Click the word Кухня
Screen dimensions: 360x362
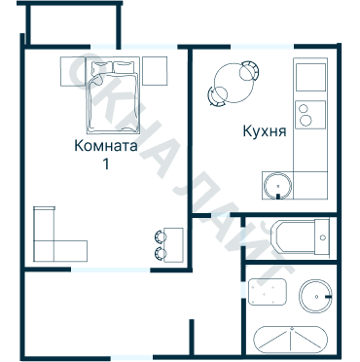(x=265, y=132)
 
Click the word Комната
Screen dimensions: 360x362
(x=106, y=146)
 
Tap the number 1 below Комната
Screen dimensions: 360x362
(x=106, y=164)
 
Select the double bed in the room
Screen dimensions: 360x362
(x=113, y=95)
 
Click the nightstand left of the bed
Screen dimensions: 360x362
(x=73, y=71)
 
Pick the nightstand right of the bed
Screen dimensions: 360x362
(x=155, y=71)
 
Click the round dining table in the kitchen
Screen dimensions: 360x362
(x=234, y=83)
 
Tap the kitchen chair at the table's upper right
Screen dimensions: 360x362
(x=249, y=71)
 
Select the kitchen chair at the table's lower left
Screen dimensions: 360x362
(x=217, y=96)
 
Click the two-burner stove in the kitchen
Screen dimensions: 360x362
(x=310, y=115)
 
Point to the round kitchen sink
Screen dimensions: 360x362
(x=277, y=186)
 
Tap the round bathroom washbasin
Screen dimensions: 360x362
(x=315, y=296)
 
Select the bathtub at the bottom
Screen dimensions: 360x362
(x=291, y=340)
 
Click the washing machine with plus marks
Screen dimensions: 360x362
(x=268, y=292)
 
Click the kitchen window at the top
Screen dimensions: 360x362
(x=262, y=47)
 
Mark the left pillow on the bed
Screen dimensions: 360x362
(x=101, y=67)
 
